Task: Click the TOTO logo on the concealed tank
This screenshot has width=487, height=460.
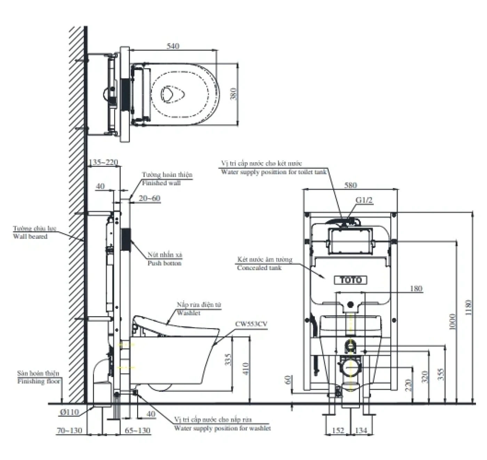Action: [x=350, y=280]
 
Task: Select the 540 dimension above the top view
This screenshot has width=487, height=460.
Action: [x=173, y=46]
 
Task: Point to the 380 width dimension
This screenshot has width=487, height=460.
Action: [x=233, y=94]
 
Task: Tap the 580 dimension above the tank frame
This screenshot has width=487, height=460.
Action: [x=350, y=185]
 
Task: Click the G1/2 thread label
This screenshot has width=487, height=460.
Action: [x=364, y=200]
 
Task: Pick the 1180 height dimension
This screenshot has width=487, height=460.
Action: [x=468, y=308]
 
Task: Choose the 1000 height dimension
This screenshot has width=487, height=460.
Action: [x=452, y=322]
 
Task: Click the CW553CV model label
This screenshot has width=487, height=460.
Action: [x=251, y=324]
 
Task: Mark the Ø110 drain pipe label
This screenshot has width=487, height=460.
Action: [x=69, y=412]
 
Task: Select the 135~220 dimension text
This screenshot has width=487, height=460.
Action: [x=104, y=162]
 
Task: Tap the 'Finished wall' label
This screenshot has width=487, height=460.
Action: [x=161, y=183]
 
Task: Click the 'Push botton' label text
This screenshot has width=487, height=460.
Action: [x=164, y=263]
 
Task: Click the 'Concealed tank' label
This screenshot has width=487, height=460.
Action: [x=259, y=268]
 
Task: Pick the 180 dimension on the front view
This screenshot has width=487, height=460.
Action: [x=416, y=288]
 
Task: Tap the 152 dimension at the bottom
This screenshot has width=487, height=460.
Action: [x=338, y=430]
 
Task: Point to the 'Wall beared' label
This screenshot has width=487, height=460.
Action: [x=30, y=236]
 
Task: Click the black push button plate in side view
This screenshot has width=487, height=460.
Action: [x=126, y=239]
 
